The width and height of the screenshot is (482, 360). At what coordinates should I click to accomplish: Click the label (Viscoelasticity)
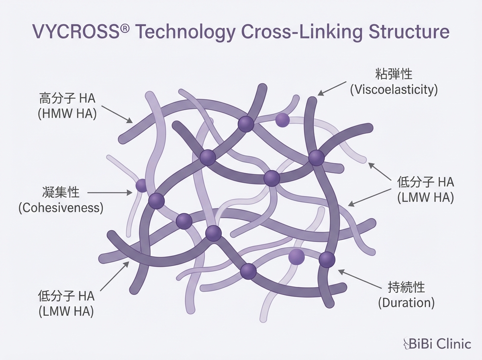[x=393, y=90]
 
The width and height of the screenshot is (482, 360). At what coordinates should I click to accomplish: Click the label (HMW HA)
[x=67, y=113]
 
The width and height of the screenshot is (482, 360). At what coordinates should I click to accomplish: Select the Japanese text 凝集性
[x=61, y=192]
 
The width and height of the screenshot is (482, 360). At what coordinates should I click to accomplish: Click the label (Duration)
[x=406, y=302]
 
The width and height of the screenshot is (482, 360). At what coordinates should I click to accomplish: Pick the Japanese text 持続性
[x=406, y=287]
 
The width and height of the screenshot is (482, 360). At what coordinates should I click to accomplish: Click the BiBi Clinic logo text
[x=440, y=344]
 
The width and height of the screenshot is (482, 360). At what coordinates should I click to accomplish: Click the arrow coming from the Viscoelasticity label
[x=332, y=88]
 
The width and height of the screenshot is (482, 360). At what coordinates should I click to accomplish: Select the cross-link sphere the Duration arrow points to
[x=327, y=260]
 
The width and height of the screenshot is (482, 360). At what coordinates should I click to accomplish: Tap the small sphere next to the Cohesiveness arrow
[x=141, y=186]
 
